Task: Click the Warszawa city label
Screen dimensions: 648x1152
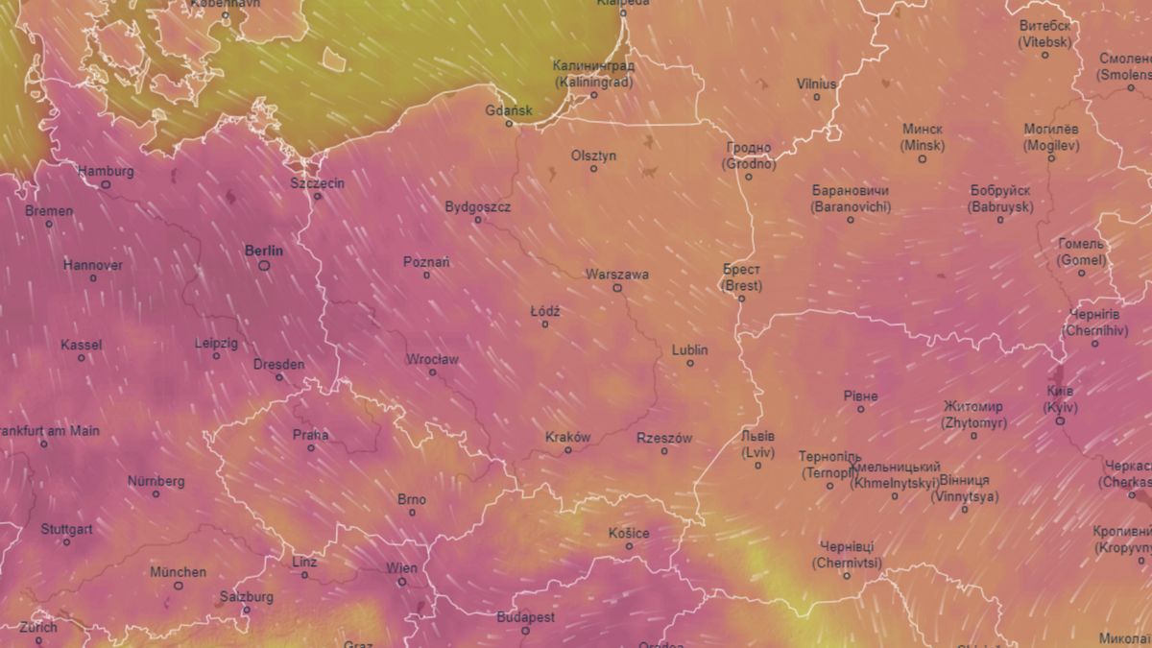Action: click(617, 275)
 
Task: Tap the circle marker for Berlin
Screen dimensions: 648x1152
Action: click(264, 265)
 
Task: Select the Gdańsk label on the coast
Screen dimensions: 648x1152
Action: click(509, 110)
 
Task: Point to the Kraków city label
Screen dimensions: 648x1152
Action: click(567, 437)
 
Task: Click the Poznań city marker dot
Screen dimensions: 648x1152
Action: click(427, 276)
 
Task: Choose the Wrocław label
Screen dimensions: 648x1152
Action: click(432, 360)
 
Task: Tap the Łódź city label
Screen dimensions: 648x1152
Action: click(545, 311)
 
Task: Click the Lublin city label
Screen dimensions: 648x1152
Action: click(689, 350)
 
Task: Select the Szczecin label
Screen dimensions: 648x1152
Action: click(317, 182)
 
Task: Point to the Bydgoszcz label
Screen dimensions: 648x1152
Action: click(478, 206)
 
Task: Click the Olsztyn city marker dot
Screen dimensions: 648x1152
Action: click(593, 169)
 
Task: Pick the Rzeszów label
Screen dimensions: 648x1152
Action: click(664, 438)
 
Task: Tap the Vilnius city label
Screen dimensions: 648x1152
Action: click(817, 84)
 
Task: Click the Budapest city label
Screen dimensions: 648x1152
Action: click(525, 617)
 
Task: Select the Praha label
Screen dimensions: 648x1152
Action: click(311, 435)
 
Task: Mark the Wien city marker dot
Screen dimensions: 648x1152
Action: click(402, 582)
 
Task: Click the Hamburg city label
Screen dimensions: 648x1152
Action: click(106, 171)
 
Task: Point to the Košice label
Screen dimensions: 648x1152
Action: click(629, 533)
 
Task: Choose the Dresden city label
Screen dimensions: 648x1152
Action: click(278, 364)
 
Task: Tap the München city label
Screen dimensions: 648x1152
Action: click(178, 572)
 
